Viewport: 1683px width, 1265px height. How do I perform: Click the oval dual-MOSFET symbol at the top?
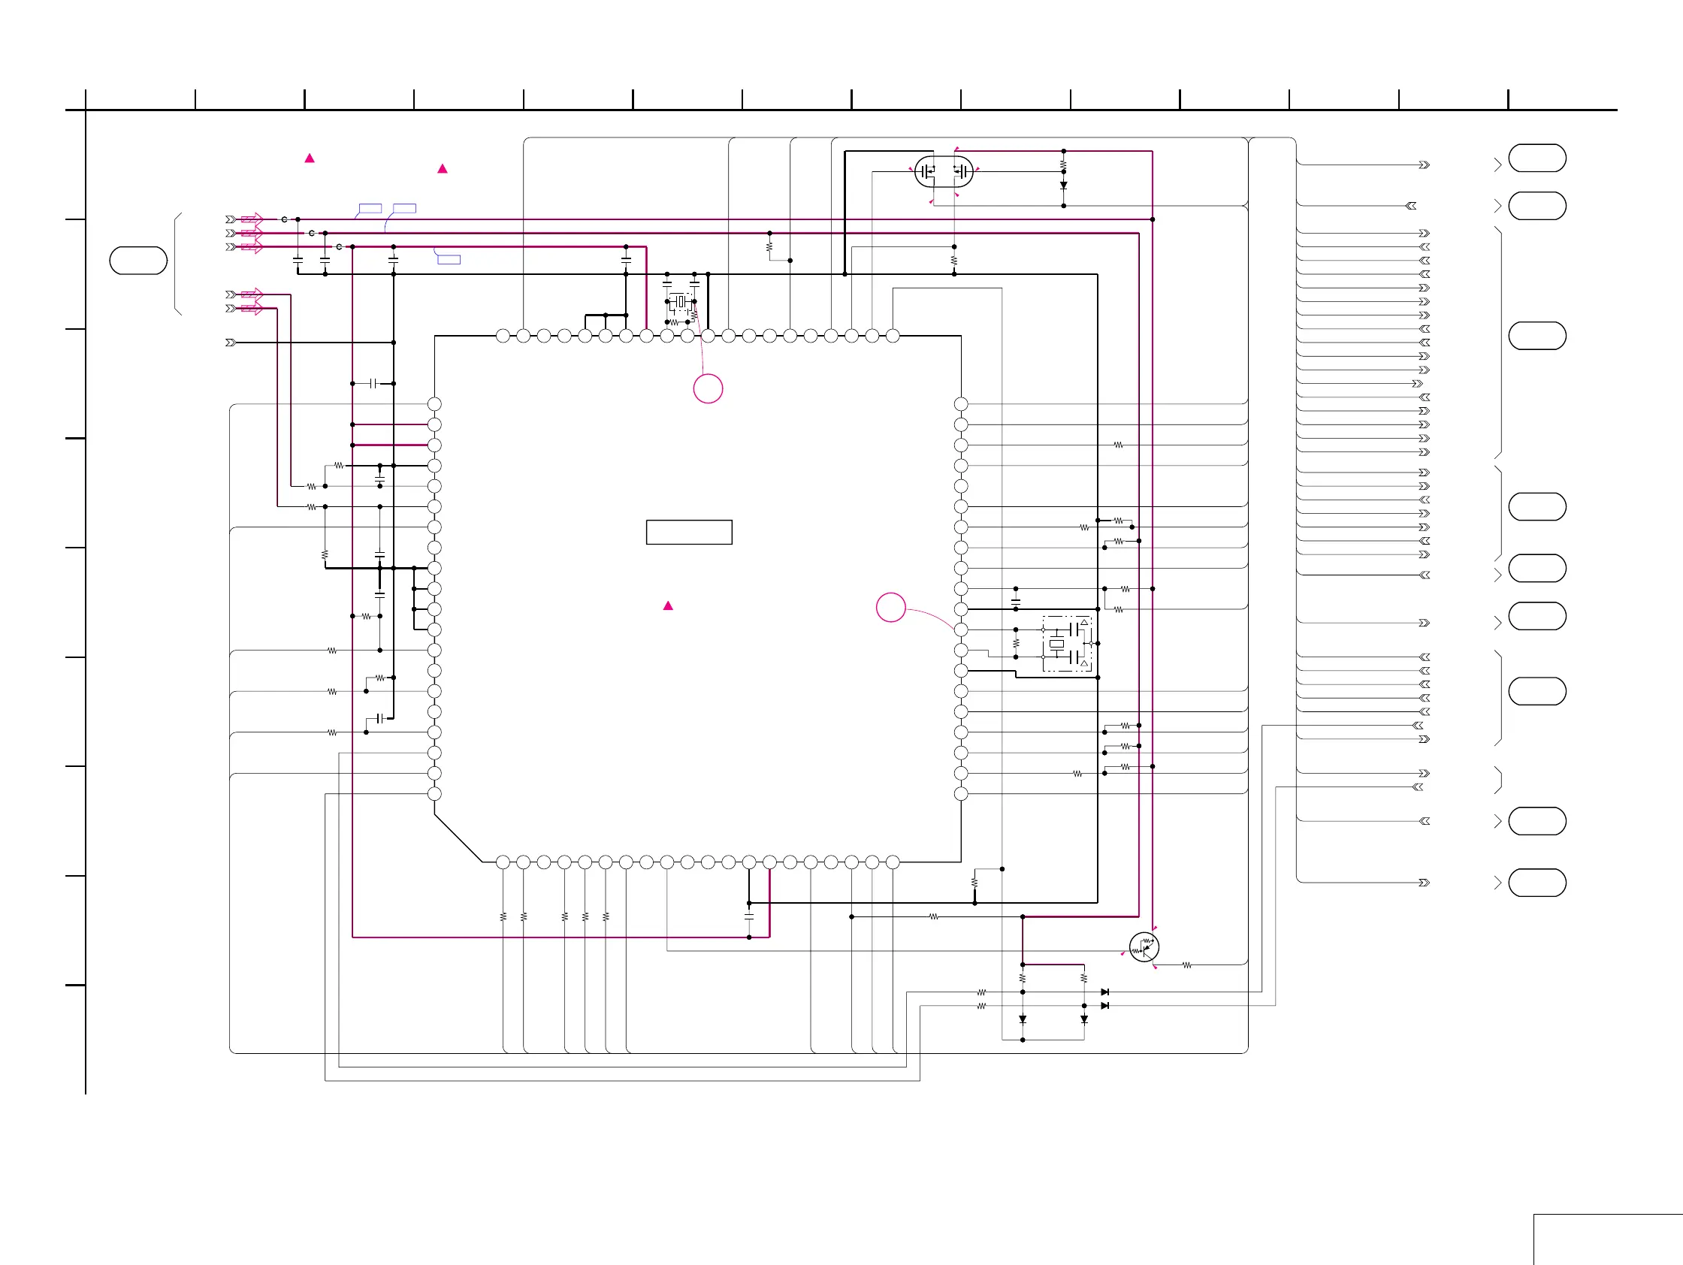pyautogui.click(x=944, y=172)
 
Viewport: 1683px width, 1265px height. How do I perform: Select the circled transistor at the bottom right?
pyautogui.click(x=1144, y=947)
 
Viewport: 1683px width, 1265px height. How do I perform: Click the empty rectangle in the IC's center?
pyautogui.click(x=688, y=533)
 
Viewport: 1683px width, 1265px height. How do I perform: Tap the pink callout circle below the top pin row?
pyautogui.click(x=708, y=388)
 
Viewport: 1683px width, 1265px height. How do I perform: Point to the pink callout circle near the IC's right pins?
pyautogui.click(x=891, y=607)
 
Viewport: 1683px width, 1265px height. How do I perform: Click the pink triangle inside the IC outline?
pyautogui.click(x=668, y=605)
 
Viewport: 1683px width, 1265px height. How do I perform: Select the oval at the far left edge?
pyautogui.click(x=138, y=260)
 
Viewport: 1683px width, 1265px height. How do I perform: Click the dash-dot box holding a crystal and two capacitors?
pyautogui.click(x=1068, y=644)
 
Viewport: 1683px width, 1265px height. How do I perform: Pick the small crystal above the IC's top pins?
pyautogui.click(x=681, y=302)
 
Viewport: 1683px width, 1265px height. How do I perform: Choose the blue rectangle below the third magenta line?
pyautogui.click(x=449, y=259)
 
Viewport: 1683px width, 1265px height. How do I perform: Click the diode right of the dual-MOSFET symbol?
pyautogui.click(x=1064, y=185)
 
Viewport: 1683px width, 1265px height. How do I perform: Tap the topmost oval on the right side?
pyautogui.click(x=1537, y=159)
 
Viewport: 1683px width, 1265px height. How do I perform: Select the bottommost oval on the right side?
pyautogui.click(x=1537, y=883)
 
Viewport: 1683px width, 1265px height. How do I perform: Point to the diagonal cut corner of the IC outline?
pyautogui.click(x=458, y=838)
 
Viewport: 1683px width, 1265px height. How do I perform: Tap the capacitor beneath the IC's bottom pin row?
pyautogui.click(x=748, y=917)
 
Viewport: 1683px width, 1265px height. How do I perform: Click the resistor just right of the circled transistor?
pyautogui.click(x=1187, y=965)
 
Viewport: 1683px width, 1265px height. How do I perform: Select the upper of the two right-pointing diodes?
pyautogui.click(x=1104, y=992)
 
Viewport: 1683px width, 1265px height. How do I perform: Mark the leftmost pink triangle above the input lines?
pyautogui.click(x=310, y=159)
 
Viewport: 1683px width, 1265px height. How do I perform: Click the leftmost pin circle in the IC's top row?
pyautogui.click(x=503, y=336)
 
